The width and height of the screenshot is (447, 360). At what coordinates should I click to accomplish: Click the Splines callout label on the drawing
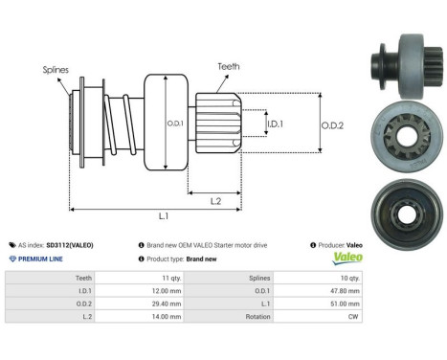(x=55, y=70)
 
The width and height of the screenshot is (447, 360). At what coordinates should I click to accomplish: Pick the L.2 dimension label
(x=218, y=199)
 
